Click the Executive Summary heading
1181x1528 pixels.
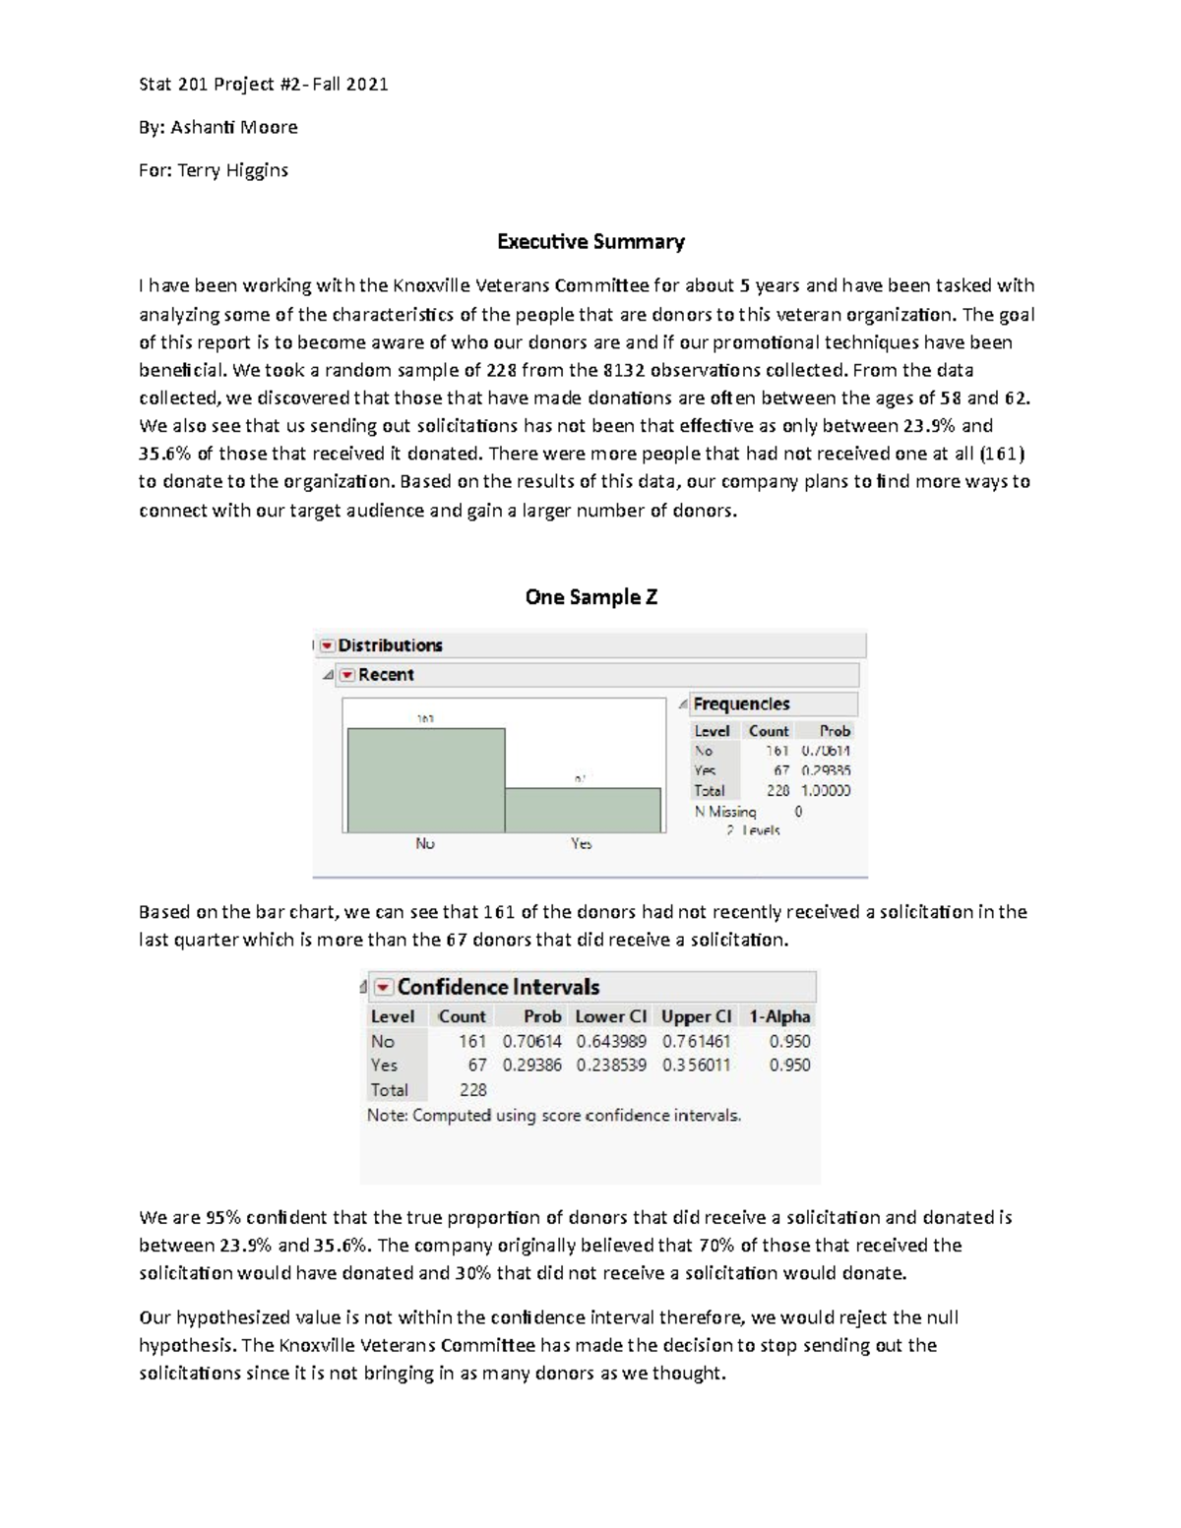(x=590, y=242)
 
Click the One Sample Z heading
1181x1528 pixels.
(x=590, y=597)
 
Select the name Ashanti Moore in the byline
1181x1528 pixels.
(x=234, y=128)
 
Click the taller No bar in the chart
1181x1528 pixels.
(x=425, y=779)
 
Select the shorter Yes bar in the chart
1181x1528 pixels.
(x=583, y=809)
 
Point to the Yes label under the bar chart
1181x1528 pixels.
(x=582, y=844)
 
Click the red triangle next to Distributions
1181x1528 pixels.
(x=328, y=645)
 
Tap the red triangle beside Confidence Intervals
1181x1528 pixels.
(x=383, y=987)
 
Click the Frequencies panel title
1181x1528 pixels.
(x=740, y=704)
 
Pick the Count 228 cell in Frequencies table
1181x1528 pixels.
(x=777, y=791)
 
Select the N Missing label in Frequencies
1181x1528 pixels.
(x=725, y=812)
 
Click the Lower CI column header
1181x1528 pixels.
(x=610, y=1016)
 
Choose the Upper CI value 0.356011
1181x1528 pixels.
(x=696, y=1065)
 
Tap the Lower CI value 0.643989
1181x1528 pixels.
(x=611, y=1041)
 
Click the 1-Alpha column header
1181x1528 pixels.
(x=779, y=1016)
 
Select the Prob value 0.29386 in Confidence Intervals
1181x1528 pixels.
(x=531, y=1065)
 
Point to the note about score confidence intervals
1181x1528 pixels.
(x=554, y=1116)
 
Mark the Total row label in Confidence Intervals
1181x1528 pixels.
(x=389, y=1090)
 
